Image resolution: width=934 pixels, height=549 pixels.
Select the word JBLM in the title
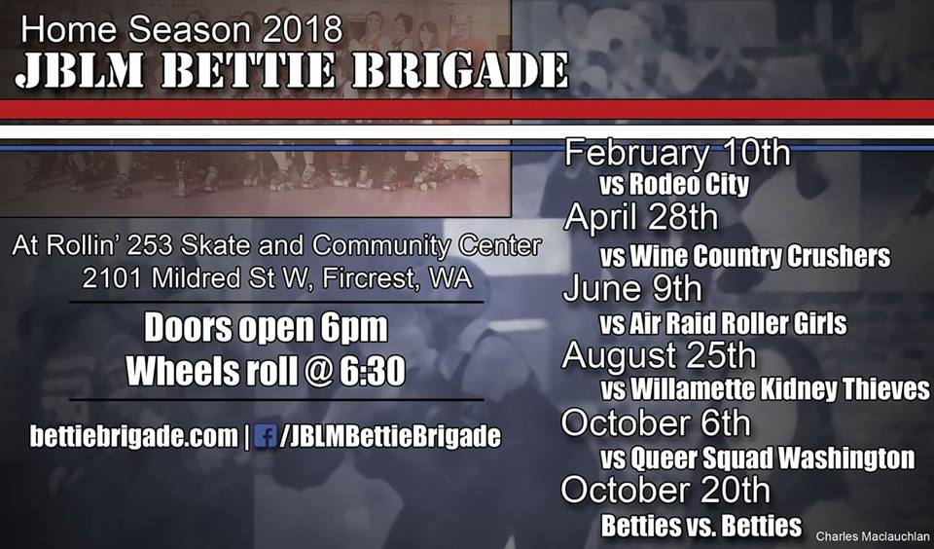(x=79, y=71)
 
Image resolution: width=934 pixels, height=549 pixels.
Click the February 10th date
(x=677, y=154)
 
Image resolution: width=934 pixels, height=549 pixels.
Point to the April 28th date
(x=641, y=218)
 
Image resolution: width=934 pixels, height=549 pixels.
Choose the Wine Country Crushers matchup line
(x=745, y=257)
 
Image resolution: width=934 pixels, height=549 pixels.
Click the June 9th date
(x=632, y=289)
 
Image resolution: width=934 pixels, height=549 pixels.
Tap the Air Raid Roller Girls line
(x=723, y=324)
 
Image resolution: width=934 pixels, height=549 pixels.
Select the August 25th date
(x=659, y=356)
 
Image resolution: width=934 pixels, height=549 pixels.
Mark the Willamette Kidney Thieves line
(x=765, y=389)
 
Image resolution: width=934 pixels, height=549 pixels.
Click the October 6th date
(x=656, y=423)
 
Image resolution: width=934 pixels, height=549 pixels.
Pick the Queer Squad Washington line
(x=757, y=458)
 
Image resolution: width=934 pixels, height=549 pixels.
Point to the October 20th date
(x=665, y=491)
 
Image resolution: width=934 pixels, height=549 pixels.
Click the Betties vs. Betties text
(x=701, y=526)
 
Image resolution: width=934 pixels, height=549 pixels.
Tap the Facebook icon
(x=265, y=436)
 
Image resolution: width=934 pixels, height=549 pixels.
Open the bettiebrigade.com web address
(x=134, y=437)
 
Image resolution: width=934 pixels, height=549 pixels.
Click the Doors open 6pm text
(x=266, y=328)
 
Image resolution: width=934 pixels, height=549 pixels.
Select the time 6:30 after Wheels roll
(x=373, y=371)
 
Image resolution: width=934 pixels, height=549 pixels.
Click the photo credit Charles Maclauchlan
(x=872, y=537)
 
